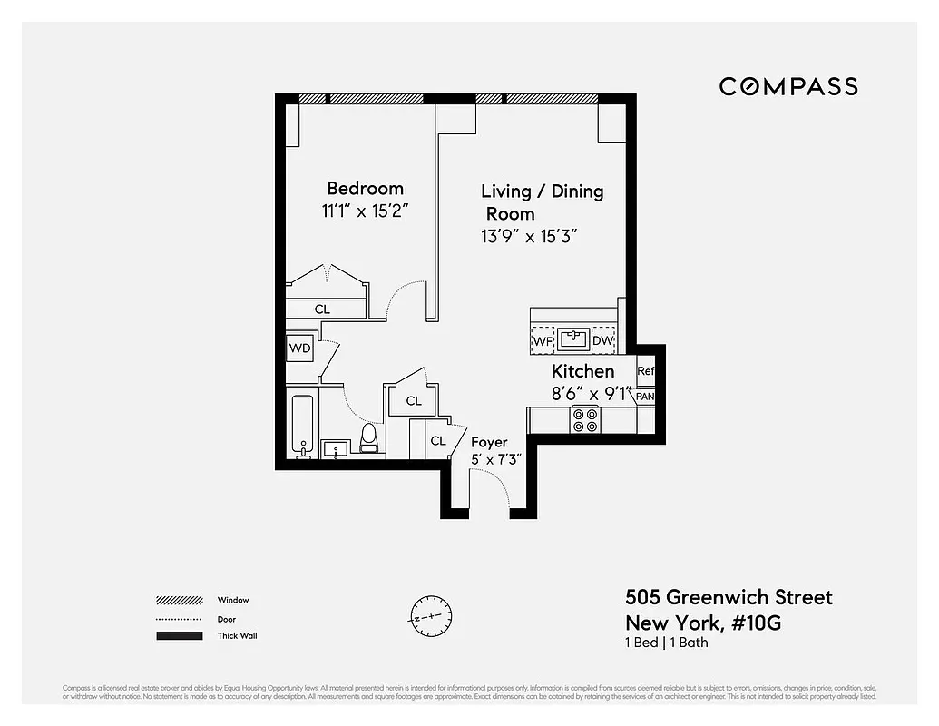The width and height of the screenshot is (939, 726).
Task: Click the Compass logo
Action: coord(788,86)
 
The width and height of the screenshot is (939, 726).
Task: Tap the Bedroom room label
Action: coord(365,189)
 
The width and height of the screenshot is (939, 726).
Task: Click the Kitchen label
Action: coord(582,371)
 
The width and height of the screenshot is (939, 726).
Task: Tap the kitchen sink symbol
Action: coord(573,340)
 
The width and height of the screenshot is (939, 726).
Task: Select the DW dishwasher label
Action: coord(602,341)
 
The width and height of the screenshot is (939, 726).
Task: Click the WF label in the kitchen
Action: coord(543,341)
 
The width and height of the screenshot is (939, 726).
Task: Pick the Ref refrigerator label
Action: coord(646,371)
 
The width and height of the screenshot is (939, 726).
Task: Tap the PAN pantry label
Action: coord(645,397)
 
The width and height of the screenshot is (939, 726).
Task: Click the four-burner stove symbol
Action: coord(584,419)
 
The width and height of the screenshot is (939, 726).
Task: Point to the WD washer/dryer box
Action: coord(299,348)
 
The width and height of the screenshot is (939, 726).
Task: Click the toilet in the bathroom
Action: coord(369,438)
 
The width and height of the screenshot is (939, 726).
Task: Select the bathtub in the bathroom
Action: coord(302,427)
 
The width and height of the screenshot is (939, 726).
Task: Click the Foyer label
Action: coord(489,442)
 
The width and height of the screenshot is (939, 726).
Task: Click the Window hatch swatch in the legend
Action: coord(179,601)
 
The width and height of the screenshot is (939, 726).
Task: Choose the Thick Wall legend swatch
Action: coord(179,636)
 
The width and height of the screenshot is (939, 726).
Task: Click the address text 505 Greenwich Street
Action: coord(729,597)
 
